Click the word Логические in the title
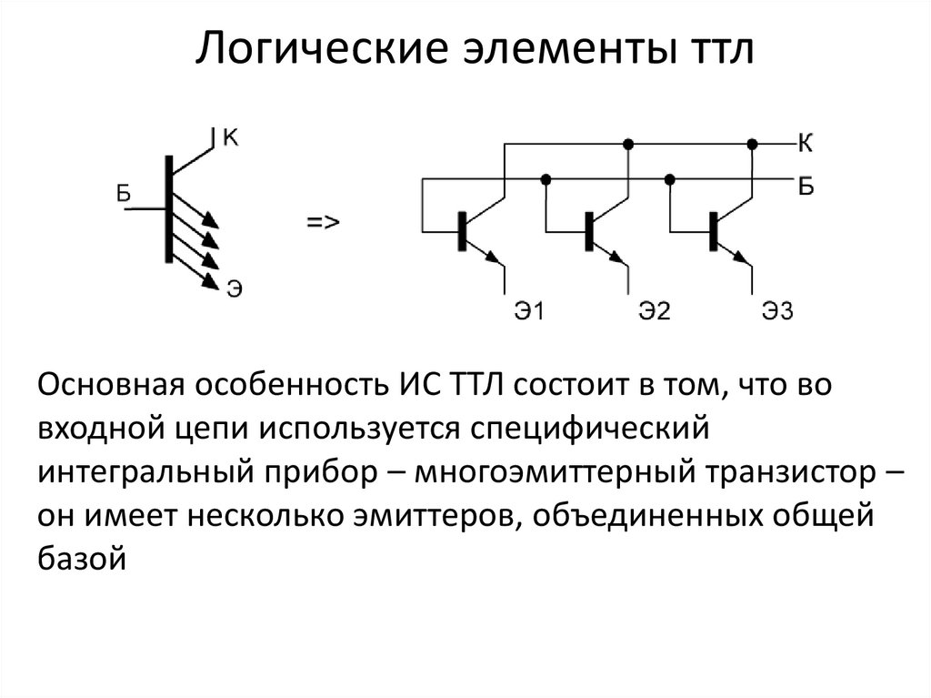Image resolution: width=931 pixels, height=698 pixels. (321, 49)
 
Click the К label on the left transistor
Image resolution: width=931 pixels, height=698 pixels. (230, 138)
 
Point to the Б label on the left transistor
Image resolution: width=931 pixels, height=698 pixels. (123, 193)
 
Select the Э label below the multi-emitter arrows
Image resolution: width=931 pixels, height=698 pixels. (235, 289)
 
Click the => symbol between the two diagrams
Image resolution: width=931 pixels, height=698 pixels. (323, 222)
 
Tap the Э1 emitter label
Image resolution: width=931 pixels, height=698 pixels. (529, 311)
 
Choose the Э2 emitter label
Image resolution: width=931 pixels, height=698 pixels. (655, 311)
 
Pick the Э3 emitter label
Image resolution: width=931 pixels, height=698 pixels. (778, 311)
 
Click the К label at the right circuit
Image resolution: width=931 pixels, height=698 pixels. (806, 143)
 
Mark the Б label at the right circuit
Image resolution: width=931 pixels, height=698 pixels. (806, 187)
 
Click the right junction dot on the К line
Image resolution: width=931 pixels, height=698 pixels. (752, 144)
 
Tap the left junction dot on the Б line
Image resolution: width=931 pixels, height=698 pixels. (546, 179)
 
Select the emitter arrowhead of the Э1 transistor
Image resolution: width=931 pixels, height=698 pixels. (493, 257)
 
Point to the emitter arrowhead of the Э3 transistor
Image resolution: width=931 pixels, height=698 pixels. (741, 257)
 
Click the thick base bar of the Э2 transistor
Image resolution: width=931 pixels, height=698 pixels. (589, 230)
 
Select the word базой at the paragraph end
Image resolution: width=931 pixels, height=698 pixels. (82, 558)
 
